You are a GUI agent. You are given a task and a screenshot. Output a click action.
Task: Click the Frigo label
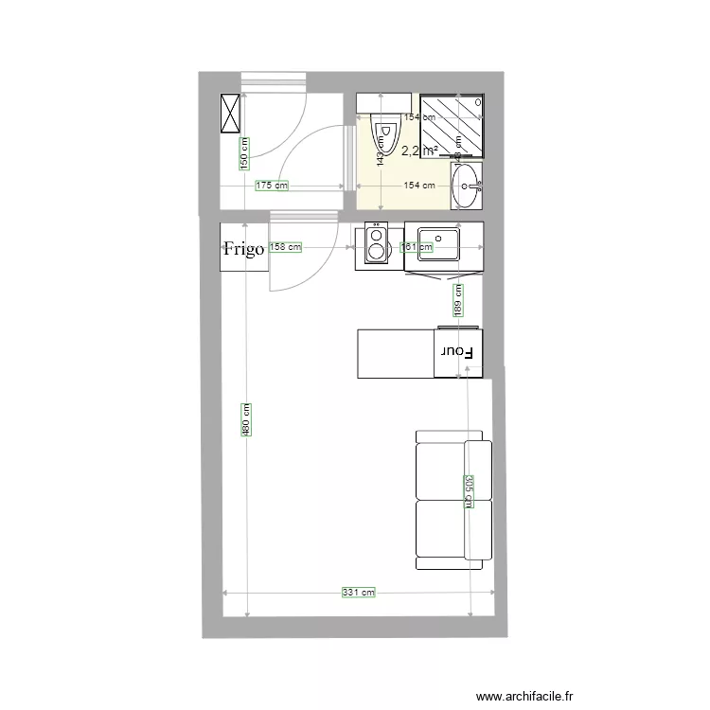coord(242,249)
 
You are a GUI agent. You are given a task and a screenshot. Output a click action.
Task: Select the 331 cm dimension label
coord(358,593)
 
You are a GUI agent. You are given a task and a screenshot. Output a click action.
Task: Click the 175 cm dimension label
coord(271,186)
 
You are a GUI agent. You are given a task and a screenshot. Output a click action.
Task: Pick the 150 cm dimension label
coord(243,152)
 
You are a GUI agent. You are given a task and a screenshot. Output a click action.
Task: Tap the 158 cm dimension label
coord(285,247)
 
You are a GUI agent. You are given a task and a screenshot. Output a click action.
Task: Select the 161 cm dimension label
coord(417,247)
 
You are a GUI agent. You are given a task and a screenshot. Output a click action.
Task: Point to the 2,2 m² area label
coord(418,151)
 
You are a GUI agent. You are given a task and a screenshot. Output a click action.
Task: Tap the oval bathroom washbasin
coord(466,186)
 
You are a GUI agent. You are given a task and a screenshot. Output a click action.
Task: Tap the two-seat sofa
coord(453,500)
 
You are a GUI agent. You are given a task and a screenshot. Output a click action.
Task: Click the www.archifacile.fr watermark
coord(525,696)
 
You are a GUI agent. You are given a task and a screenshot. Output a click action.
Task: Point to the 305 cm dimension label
coord(468,490)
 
